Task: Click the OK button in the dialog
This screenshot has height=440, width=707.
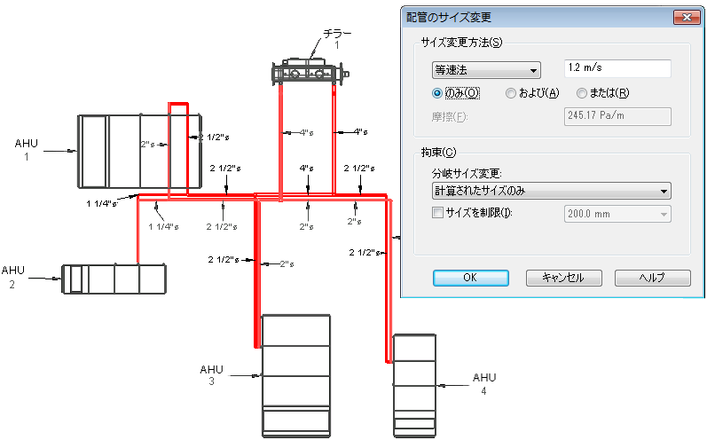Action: tap(471, 278)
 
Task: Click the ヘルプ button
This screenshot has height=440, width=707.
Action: tap(652, 278)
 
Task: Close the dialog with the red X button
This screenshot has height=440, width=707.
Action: tap(687, 18)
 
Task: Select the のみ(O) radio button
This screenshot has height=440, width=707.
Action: tap(437, 93)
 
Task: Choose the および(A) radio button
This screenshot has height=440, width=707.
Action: tap(510, 93)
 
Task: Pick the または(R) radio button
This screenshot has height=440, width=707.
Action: tap(582, 93)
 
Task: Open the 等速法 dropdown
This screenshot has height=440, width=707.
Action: tap(486, 70)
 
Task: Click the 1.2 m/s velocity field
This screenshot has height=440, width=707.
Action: tap(617, 68)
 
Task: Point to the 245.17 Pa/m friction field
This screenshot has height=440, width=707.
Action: tap(617, 116)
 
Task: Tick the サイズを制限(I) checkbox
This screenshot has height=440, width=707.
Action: tap(437, 212)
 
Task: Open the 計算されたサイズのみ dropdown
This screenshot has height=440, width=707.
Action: tap(551, 191)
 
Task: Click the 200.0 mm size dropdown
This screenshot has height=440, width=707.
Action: tap(617, 214)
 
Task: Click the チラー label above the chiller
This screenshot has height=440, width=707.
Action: tap(337, 34)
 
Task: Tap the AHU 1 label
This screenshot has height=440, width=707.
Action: tap(26, 150)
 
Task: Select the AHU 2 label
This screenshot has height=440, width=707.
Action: tap(12, 277)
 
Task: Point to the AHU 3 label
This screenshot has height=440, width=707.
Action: tap(211, 375)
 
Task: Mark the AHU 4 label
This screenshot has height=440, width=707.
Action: tap(484, 384)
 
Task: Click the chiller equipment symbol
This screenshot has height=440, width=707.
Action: tap(310, 71)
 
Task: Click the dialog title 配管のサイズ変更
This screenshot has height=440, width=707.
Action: tap(449, 18)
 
